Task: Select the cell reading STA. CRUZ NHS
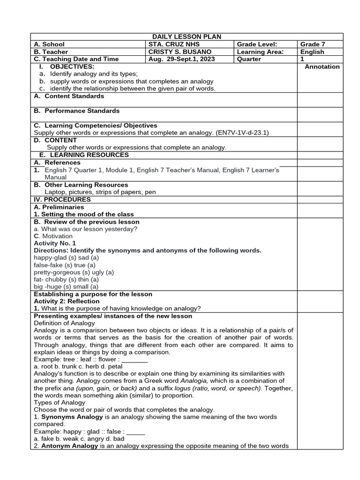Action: [174, 44]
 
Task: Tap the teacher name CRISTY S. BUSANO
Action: [180, 52]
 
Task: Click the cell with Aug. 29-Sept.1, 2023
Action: [180, 59]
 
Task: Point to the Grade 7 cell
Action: [313, 44]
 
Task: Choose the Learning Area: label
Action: [260, 52]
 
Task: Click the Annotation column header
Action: [322, 67]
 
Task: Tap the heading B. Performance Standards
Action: [76, 111]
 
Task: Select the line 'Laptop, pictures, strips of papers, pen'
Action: [100, 192]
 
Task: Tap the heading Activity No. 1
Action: [55, 243]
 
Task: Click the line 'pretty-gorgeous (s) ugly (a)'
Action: [74, 272]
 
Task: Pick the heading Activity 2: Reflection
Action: [67, 301]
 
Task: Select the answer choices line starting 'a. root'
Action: [78, 366]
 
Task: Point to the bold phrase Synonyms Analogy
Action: [70, 417]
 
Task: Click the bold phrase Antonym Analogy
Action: [69, 446]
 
